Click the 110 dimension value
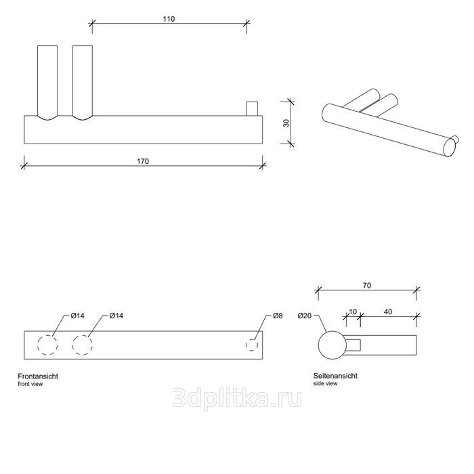coord(169,19)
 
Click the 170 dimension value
coord(143,161)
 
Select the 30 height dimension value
coord(286,123)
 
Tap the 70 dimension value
coord(367,286)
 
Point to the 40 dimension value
coord(388,312)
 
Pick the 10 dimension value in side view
coord(353,312)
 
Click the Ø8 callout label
coord(278,316)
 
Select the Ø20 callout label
coord(305,316)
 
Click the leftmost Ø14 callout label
coord(78,316)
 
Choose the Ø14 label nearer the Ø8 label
coord(116,316)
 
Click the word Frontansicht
coord(38,376)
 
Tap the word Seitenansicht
coord(335,376)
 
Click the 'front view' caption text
coord(30,384)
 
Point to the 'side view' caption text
coord(325,384)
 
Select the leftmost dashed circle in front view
coord(47,335)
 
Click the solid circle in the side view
coord(332,331)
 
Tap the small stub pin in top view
coord(252,109)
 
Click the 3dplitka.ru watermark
coord(237,399)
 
